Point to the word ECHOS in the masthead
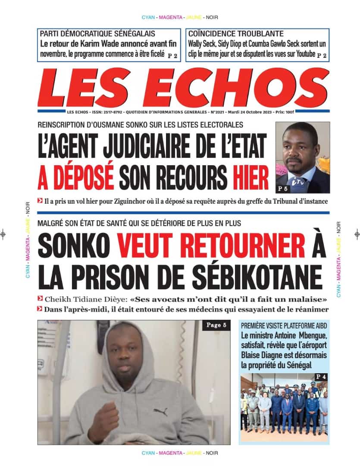tap(241, 88)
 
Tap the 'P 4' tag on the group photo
tap(320, 377)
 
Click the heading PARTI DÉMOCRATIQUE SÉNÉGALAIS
tap(97, 33)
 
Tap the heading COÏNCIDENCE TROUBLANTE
tap(236, 33)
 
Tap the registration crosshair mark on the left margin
tap(3, 234)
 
